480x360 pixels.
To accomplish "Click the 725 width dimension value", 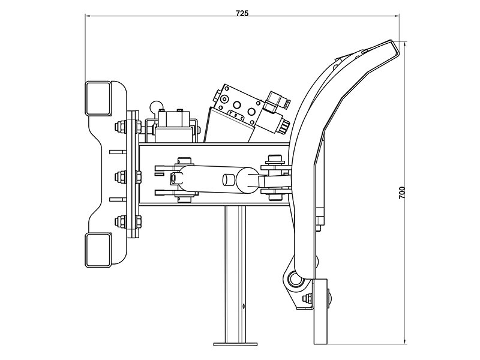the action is [242, 13].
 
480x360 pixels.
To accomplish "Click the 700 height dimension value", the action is [402, 193].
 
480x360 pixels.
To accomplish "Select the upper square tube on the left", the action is [98, 98].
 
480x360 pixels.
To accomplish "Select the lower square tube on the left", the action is [98, 250].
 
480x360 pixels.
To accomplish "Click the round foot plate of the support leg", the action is [235, 344].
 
